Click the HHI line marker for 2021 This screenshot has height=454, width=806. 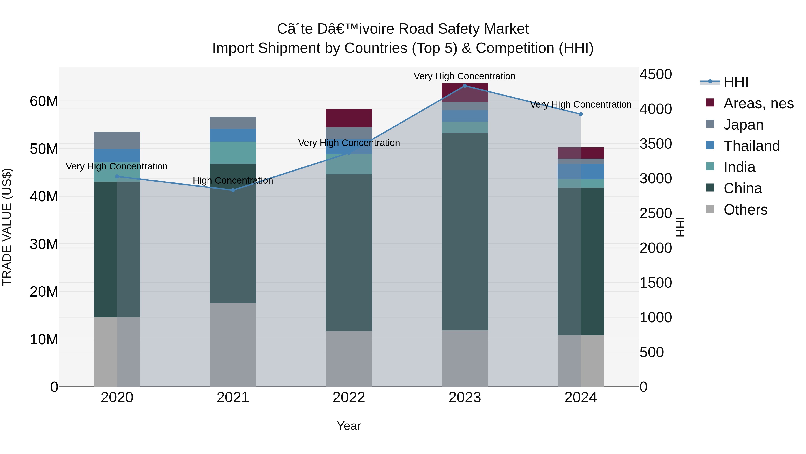233,190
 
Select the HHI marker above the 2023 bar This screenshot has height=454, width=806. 465,86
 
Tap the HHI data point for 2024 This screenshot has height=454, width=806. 581,114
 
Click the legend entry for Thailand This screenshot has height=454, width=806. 752,146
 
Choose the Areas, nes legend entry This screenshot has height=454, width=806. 759,103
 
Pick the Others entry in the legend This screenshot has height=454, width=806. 745,210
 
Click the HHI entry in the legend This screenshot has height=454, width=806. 736,82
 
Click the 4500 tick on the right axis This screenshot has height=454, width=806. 656,75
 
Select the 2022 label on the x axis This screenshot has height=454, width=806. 349,398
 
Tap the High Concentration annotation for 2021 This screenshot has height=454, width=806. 233,181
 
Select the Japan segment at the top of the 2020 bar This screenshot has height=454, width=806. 117,140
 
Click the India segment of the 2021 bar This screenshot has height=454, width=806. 233,153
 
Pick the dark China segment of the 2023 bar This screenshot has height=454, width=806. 465,232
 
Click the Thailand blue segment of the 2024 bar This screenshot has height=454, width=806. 581,171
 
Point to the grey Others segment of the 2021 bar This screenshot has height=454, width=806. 233,345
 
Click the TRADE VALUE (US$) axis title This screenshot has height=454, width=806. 7,227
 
